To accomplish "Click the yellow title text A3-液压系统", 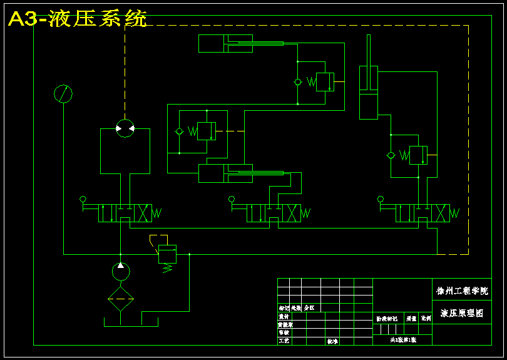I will [78, 19].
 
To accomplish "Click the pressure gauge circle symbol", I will [63, 94].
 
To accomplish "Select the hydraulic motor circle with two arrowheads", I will [125, 128].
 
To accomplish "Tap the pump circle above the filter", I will [120, 272].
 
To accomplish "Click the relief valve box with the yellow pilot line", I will [167, 253].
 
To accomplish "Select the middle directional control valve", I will [274, 213].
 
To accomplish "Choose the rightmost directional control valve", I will [422, 213].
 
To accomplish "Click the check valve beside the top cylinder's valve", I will [298, 82].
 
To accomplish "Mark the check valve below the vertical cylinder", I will [391, 155].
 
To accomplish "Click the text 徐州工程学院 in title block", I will [461, 291].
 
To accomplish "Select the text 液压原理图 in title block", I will [462, 313].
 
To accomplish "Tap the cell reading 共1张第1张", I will [402, 339].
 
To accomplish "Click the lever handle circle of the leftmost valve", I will [83, 199].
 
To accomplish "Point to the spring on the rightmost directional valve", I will [454, 213].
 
